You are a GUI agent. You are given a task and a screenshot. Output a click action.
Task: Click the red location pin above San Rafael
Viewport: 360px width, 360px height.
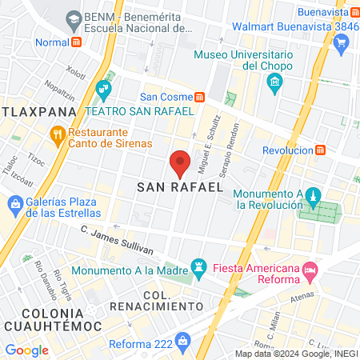coord(181,162)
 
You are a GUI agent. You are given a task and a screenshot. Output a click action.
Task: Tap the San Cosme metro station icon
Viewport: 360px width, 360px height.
coord(199,96)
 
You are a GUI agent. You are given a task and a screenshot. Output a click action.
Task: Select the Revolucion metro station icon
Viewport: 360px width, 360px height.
coord(321,150)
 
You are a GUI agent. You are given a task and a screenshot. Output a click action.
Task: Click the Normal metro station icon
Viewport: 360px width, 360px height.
coord(76,42)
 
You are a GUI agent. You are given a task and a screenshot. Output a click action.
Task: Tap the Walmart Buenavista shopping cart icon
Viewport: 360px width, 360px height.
coord(341,42)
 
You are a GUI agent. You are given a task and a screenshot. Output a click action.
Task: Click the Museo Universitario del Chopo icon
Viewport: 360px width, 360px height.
coord(274,82)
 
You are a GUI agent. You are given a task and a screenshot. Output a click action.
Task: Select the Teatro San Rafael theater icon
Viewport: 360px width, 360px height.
coord(102,88)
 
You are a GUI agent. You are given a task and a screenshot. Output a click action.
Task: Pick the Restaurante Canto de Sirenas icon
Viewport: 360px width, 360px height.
coord(57,134)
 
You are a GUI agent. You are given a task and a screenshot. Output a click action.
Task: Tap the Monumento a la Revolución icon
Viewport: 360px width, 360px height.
coord(314,197)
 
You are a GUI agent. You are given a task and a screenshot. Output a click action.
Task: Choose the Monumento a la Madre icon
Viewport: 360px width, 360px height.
coord(197,265)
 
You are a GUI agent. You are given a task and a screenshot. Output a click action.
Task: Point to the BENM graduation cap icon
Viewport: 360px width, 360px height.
coord(74,17)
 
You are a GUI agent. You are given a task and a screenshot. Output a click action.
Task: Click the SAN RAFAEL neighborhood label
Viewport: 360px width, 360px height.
coord(179,186)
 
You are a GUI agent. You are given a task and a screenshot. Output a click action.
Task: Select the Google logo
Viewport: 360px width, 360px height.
coord(26,350)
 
